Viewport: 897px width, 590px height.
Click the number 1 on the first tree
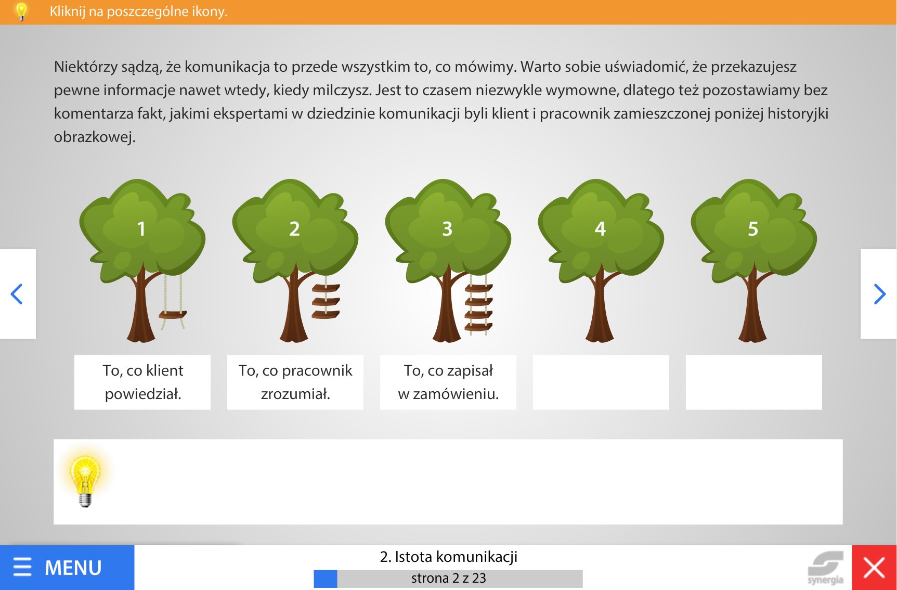141,229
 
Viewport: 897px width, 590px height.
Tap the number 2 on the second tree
294,229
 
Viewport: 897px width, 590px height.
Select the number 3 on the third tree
447,229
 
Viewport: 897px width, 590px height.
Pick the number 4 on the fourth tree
600,229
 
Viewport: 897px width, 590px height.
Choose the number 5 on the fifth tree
753,229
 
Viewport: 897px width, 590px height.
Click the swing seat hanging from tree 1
173,315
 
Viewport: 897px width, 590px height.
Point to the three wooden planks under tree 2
326,301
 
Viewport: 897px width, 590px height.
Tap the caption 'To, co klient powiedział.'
143,382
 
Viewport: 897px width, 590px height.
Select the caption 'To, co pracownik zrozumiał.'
295,382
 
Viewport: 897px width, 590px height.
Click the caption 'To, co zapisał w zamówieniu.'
448,382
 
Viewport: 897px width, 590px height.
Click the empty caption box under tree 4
601,382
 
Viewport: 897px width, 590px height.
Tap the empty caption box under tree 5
754,382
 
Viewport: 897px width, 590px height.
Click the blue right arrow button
879,294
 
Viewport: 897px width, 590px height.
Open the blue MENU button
67,568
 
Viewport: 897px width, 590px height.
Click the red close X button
874,568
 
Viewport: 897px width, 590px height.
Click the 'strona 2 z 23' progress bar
448,579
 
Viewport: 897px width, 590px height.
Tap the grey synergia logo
825,568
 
